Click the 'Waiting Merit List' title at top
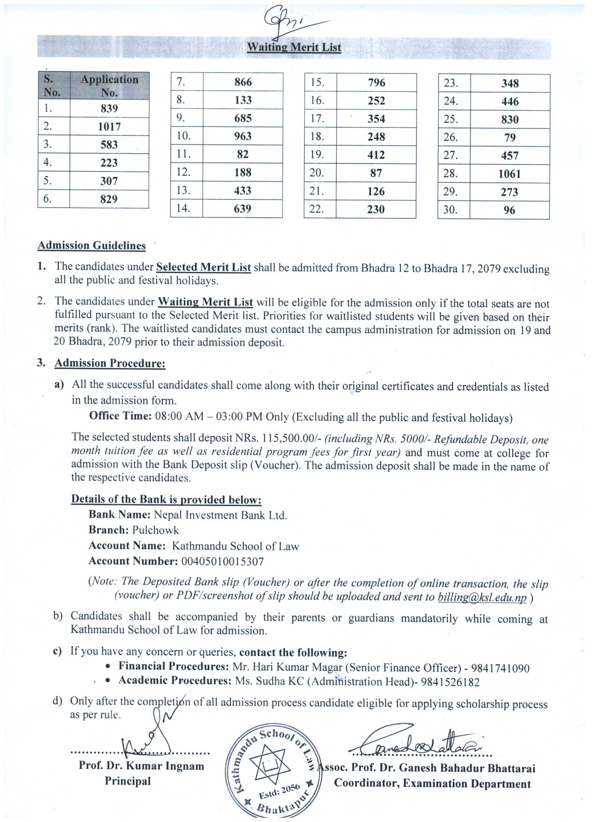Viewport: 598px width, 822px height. pos(294,47)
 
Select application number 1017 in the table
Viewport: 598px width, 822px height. pos(109,127)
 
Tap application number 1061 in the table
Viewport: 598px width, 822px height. pos(509,174)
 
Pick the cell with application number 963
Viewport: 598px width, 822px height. pos(243,136)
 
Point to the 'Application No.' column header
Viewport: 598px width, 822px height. pos(109,86)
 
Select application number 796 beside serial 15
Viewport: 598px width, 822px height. pos(377,83)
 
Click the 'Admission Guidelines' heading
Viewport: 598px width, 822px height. pos(91,246)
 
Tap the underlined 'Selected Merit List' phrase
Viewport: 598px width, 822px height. pos(203,267)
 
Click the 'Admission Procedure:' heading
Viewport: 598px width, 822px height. pos(110,363)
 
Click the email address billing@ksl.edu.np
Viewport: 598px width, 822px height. pos(482,598)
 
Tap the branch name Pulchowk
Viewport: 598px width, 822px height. pos(155,530)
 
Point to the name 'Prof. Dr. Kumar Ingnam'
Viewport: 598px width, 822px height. pos(141,766)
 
